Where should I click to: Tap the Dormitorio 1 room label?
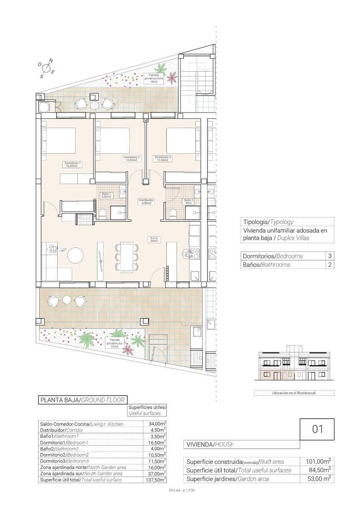(x=73, y=164)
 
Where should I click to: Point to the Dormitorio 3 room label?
(x=162, y=159)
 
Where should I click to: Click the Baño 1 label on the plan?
(x=106, y=195)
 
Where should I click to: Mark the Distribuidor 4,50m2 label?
(x=146, y=201)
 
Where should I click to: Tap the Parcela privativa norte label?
(x=154, y=78)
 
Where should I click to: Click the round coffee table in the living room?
(x=75, y=256)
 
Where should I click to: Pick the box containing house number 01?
(x=317, y=429)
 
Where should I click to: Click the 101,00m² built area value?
(x=318, y=461)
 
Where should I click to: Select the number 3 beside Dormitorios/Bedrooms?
(x=330, y=256)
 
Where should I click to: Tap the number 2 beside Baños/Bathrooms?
(x=330, y=265)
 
